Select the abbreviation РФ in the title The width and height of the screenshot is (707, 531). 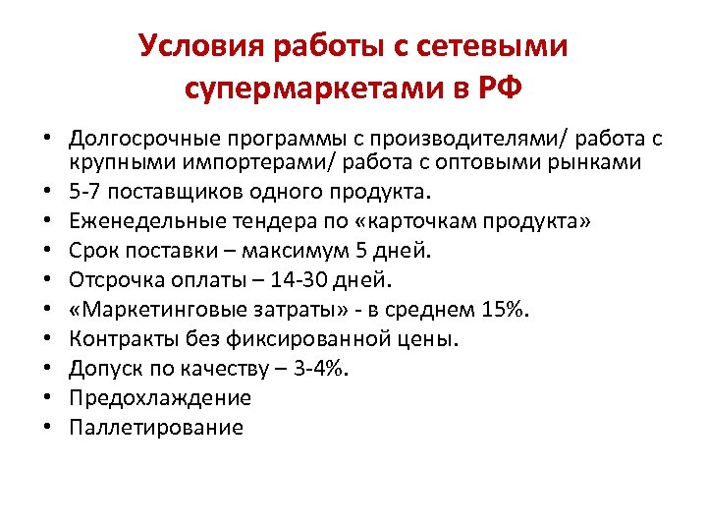coord(496,89)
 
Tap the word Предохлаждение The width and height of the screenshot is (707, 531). coord(160,398)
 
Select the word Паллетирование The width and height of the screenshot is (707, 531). coord(156,428)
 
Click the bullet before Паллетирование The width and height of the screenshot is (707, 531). coord(46,428)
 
